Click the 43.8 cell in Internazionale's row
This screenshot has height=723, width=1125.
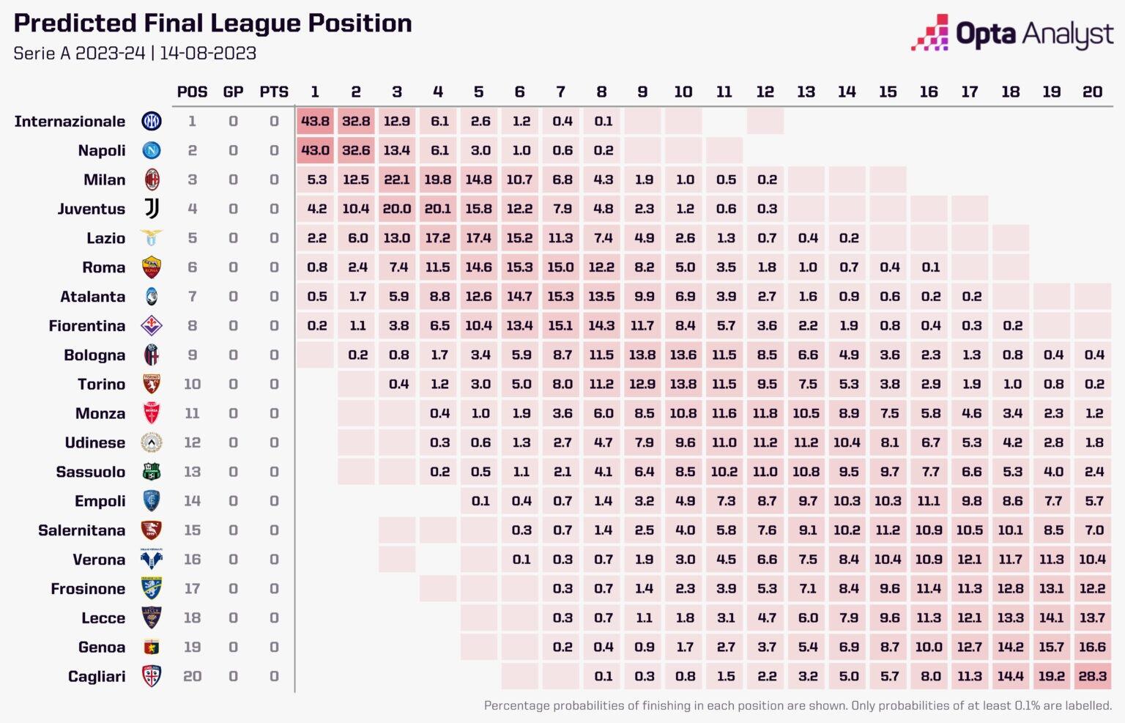pos(315,121)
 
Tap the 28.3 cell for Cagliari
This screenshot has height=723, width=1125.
pos(1092,676)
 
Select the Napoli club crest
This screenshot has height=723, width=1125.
pos(152,150)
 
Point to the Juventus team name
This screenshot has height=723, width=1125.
pos(92,209)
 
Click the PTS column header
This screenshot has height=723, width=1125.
pos(274,92)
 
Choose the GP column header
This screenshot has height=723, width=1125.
pos(233,92)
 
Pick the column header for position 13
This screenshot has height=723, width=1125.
pos(806,92)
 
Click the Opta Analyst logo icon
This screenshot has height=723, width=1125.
pos(930,33)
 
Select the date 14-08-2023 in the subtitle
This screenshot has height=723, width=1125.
pos(208,53)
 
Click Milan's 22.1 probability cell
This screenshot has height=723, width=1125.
pos(397,179)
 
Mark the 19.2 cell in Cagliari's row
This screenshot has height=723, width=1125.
pos(1051,676)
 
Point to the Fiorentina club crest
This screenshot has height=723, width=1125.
pos(152,325)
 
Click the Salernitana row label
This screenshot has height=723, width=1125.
pos(81,530)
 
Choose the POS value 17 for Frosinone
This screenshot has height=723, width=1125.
pos(192,588)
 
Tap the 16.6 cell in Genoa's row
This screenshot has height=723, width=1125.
pos(1092,647)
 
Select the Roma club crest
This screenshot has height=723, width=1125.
pos(152,267)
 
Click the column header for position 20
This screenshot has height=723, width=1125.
pos(1092,92)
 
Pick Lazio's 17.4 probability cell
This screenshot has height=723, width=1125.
pos(478,238)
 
